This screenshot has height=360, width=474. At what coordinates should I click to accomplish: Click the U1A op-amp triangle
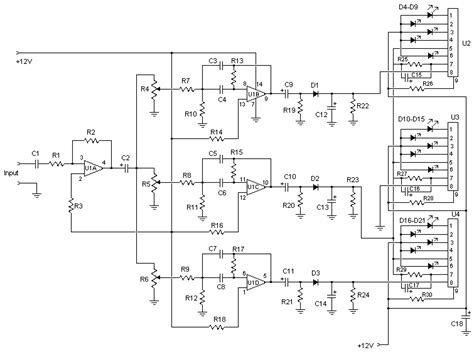(x=93, y=168)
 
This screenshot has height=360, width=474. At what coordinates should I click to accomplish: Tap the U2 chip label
(x=466, y=45)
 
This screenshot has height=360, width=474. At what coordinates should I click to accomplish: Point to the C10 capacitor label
(x=290, y=177)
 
